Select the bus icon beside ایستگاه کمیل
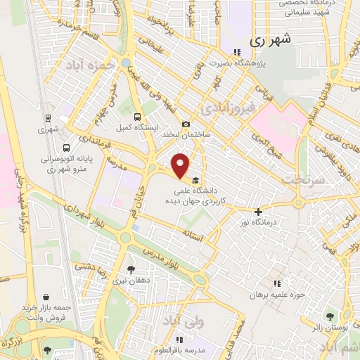[x=136, y=117]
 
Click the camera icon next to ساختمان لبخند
[x=186, y=124]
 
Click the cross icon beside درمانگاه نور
[x=259, y=212]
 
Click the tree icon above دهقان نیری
[x=131, y=269]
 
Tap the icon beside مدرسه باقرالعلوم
[x=188, y=338]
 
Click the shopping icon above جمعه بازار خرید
[x=46, y=297]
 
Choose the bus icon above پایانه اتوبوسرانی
[x=66, y=149]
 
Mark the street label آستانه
[x=193, y=231]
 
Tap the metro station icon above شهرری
[x=48, y=118]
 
